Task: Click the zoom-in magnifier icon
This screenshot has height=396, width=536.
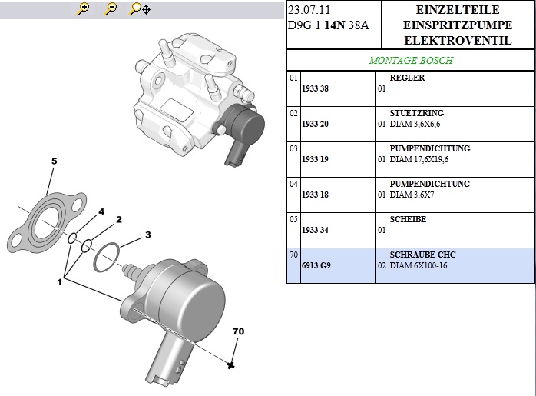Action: pos(84,9)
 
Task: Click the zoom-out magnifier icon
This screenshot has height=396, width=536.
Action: pos(111,9)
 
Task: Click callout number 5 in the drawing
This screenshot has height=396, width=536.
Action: pos(54,161)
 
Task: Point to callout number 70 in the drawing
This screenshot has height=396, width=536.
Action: pos(238,332)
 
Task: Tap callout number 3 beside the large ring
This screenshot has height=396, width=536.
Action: pos(147,235)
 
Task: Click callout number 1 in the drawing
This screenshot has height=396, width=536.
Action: pos(59,282)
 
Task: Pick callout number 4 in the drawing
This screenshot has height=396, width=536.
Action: pos(101,211)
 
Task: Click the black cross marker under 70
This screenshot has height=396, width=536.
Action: pos(230,365)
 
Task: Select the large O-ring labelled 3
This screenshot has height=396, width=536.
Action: pos(107,258)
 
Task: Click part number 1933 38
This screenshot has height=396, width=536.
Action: pos(315,89)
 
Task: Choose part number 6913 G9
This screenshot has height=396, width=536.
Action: pos(315,266)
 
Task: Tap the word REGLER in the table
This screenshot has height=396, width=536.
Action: pos(407,78)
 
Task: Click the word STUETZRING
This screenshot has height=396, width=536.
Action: pos(416,114)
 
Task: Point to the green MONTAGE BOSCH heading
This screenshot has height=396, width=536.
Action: pos(411,60)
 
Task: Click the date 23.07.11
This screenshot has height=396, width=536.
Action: pos(309,10)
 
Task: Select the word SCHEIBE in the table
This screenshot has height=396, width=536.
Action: pos(408,220)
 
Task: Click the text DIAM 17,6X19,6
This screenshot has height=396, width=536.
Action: pos(419,159)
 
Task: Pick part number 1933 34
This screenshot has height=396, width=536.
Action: pos(315,231)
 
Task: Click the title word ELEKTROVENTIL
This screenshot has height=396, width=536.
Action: pos(458,40)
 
